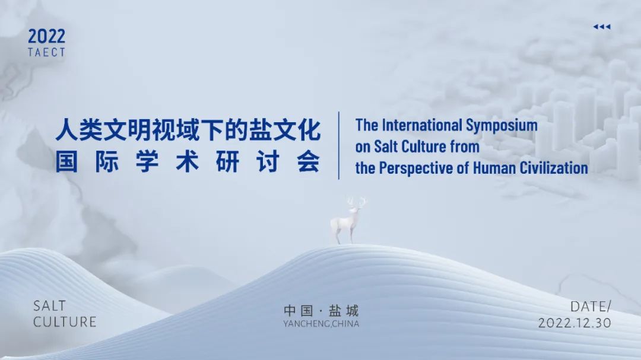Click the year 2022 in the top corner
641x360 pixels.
46,37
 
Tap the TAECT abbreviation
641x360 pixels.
46,52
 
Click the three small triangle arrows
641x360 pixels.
601,27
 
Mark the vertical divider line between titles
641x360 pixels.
339,145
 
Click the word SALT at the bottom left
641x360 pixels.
50,306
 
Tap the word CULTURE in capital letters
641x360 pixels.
65,322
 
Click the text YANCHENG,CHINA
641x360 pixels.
321,324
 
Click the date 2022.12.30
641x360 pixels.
575,323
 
